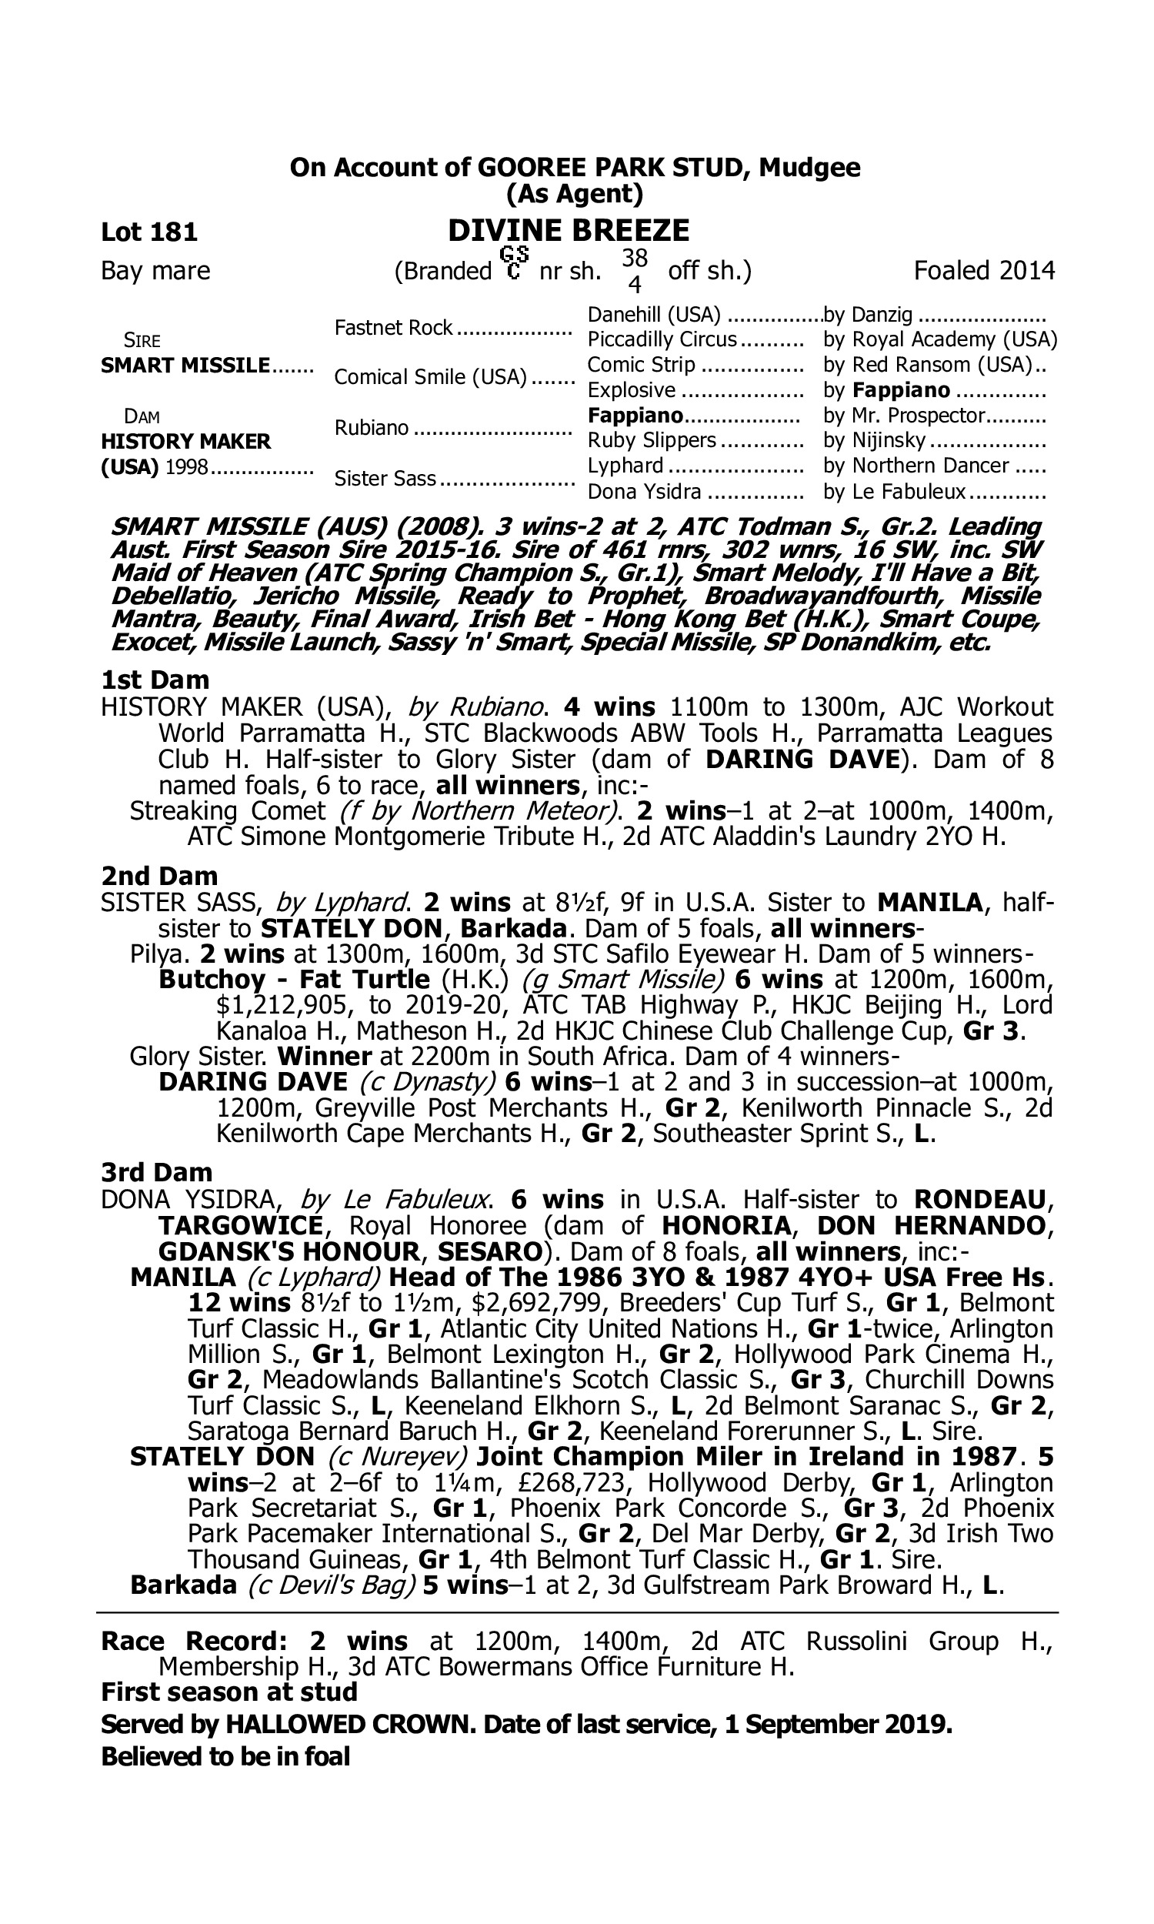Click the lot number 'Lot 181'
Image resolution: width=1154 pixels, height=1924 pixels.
point(149,232)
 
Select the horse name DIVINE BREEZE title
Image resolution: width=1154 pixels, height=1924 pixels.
point(569,231)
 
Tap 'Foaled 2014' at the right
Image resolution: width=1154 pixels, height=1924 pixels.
point(984,271)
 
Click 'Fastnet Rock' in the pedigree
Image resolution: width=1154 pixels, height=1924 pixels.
point(393,328)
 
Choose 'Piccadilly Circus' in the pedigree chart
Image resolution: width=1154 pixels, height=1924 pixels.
point(662,340)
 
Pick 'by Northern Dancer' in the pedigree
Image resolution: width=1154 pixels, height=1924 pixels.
point(916,466)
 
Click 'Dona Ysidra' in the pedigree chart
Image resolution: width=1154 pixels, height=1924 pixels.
point(645,492)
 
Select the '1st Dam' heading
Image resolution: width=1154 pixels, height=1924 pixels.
point(155,680)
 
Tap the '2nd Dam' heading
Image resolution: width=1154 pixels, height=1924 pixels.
point(159,877)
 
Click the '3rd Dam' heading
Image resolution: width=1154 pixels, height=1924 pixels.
point(157,1172)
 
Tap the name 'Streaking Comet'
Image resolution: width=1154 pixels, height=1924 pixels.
point(227,811)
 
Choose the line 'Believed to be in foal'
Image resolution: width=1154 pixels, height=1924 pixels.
point(225,1735)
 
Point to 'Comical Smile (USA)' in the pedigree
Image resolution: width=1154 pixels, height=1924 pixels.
point(431,377)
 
